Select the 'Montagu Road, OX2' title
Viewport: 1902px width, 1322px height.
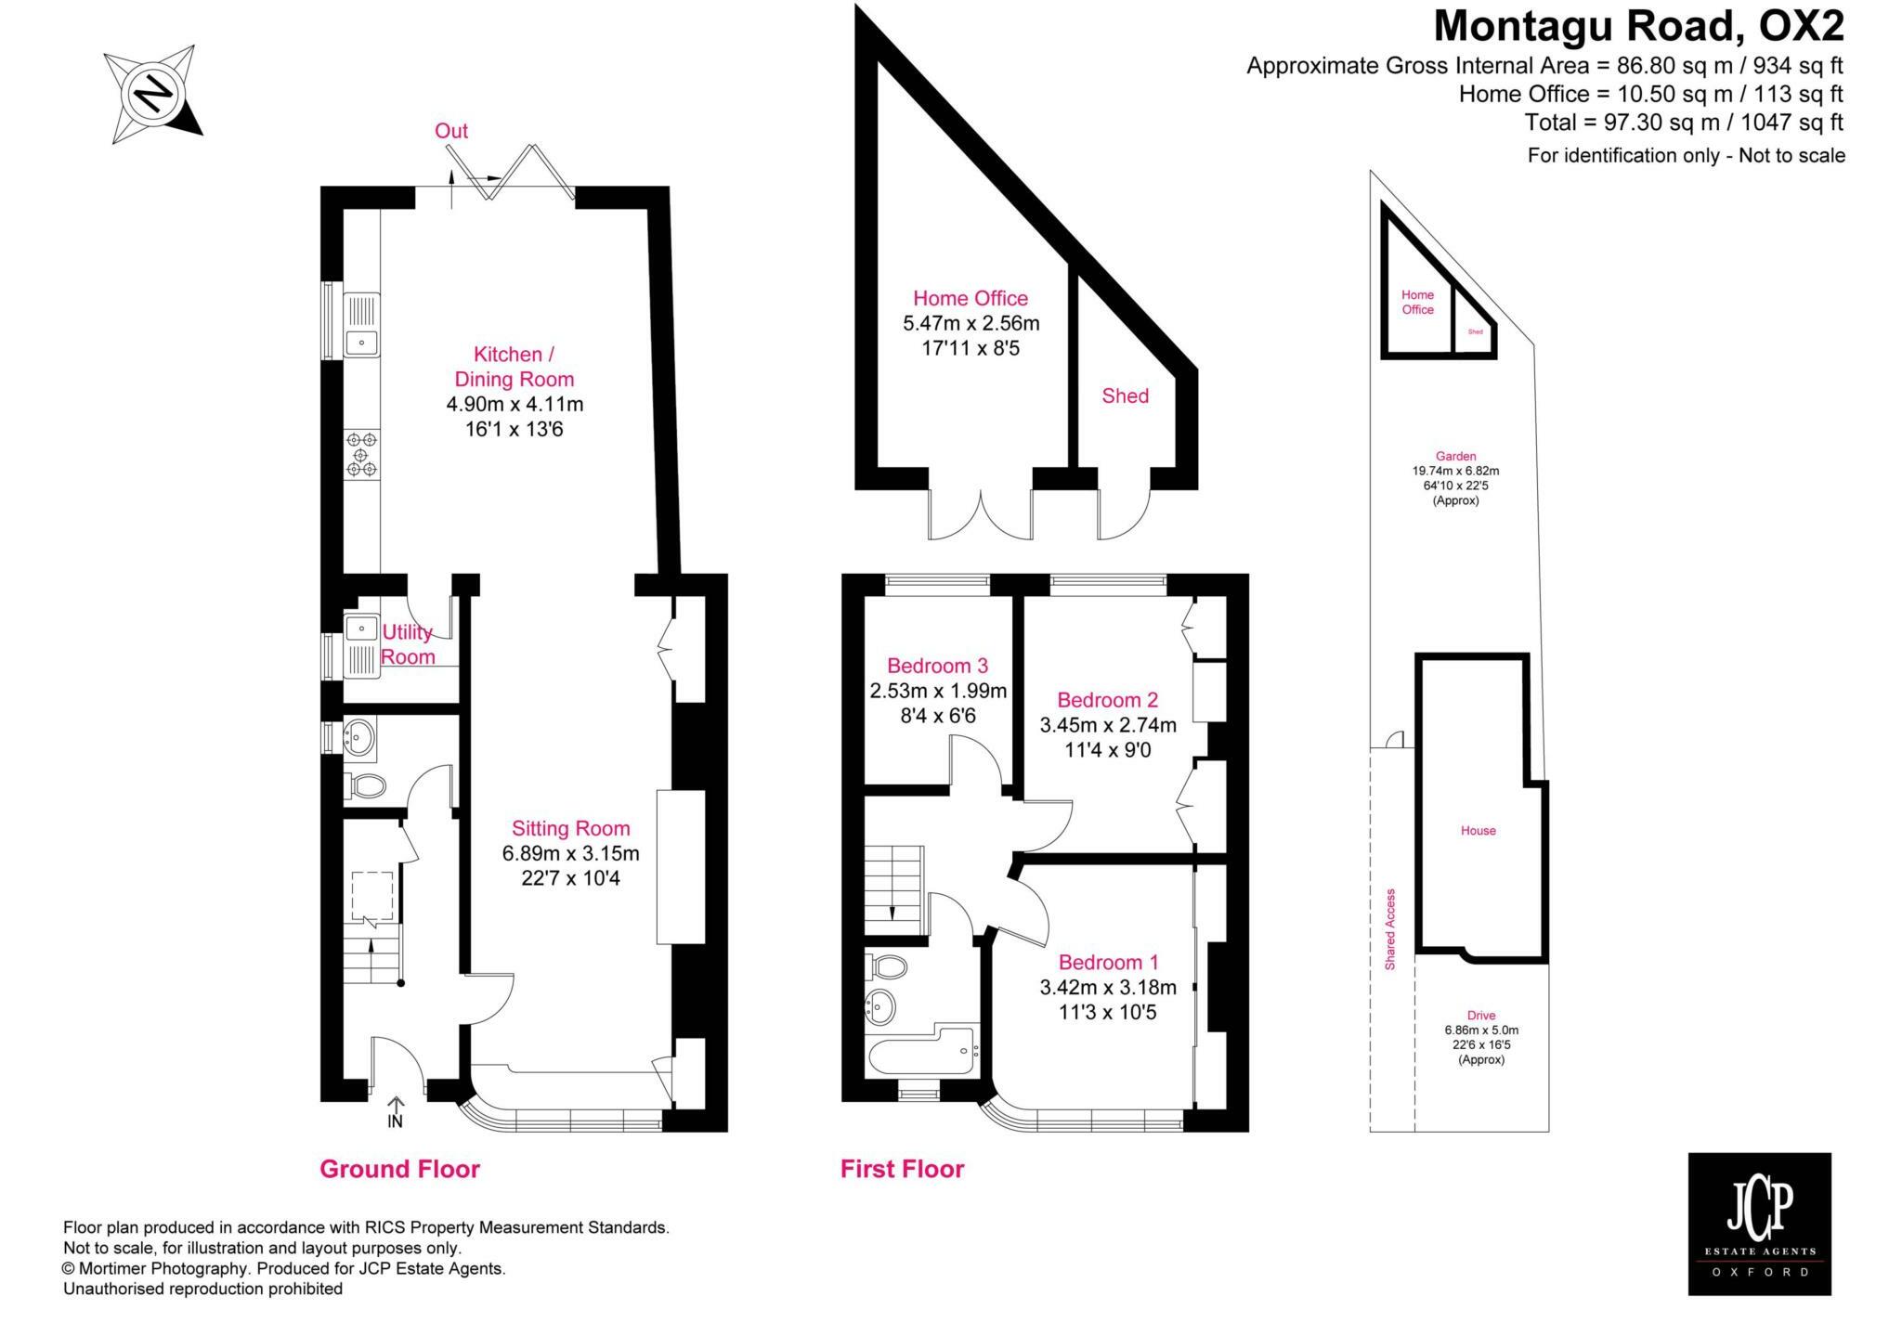pos(1638,26)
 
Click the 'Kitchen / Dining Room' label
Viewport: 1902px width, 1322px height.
pos(514,367)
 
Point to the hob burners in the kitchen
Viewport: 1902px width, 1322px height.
pos(361,455)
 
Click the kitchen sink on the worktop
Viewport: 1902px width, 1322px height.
pos(361,326)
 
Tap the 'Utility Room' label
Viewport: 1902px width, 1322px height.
pos(408,644)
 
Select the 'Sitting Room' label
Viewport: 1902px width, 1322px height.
pos(570,828)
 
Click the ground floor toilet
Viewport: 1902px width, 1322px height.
pos(365,786)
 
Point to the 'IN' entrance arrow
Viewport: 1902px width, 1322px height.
pos(396,1111)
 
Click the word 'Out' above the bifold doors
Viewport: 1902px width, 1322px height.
pos(451,131)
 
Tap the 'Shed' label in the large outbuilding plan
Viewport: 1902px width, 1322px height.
pos(1125,395)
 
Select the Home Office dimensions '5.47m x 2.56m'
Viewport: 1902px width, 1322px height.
pos(971,323)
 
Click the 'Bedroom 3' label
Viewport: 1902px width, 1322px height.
pos(937,666)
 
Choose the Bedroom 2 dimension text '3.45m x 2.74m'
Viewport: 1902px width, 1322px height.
pos(1107,724)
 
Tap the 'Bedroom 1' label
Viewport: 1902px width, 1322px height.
pos(1108,962)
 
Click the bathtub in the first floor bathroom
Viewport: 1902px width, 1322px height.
pos(921,1051)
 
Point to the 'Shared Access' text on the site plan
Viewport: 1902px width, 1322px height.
pos(1390,929)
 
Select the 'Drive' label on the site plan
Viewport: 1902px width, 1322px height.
pos(1481,1015)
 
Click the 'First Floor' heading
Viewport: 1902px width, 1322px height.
pos(902,1169)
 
